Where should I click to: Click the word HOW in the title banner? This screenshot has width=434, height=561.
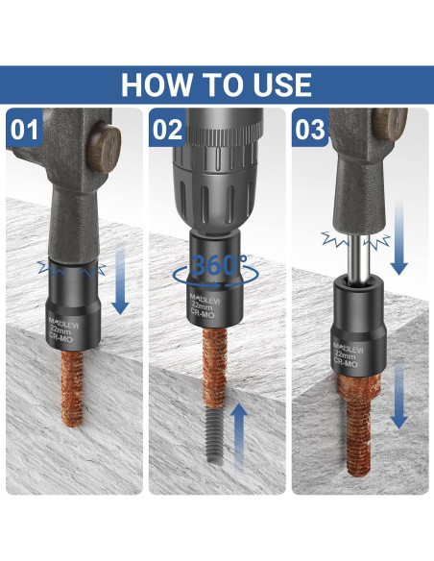tap(156, 85)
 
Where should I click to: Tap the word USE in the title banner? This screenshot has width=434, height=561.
tap(282, 85)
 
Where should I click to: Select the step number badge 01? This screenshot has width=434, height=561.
tap(24, 129)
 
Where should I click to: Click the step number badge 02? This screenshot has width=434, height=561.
tap(167, 129)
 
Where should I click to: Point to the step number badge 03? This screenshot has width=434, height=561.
tap(310, 129)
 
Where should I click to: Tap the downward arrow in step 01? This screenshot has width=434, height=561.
tap(120, 280)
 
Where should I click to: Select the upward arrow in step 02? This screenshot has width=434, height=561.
tap(239, 436)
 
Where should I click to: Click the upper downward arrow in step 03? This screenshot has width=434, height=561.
tap(399, 239)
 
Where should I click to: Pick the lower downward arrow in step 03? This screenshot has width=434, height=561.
tap(399, 394)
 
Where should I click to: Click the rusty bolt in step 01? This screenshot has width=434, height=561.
tap(72, 389)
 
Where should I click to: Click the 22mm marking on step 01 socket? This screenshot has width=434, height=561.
tap(60, 330)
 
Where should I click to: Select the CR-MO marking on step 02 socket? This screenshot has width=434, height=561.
tap(203, 313)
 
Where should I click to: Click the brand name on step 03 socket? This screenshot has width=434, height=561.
tap(348, 348)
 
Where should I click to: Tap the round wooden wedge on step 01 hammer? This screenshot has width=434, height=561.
tap(104, 147)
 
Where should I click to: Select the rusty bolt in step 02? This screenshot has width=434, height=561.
tap(214, 368)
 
